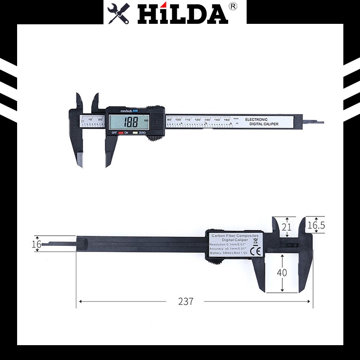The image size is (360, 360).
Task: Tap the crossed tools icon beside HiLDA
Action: point(119,13)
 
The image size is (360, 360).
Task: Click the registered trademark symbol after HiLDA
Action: point(233,7)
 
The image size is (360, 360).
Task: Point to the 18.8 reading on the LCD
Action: point(131,121)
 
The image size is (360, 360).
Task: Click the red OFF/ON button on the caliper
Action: point(121,133)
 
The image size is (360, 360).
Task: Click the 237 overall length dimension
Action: point(185,301)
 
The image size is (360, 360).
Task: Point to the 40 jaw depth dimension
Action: point(282,273)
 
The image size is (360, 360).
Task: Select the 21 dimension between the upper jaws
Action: point(286,227)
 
